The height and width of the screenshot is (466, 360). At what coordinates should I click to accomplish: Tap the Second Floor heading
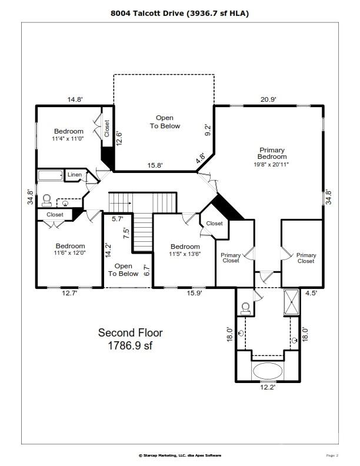[x=130, y=333]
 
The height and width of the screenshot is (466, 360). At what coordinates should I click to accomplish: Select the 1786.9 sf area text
[x=130, y=346]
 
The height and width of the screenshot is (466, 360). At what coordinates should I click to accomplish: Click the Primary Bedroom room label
[x=272, y=154]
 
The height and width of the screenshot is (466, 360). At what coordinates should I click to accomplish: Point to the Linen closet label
[x=74, y=175]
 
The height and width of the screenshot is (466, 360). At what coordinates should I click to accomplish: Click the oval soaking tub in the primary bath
[x=268, y=371]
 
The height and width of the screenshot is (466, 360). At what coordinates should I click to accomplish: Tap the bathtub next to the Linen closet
[x=50, y=175]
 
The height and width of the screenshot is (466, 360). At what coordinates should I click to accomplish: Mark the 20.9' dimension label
[x=268, y=100]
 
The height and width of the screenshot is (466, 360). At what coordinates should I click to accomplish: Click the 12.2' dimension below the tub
[x=268, y=387]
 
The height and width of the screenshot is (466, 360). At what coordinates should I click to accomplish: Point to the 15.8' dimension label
[x=155, y=166]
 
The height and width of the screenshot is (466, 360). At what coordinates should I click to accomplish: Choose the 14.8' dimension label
[x=75, y=100]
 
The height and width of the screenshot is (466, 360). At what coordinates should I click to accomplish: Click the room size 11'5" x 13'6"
[x=185, y=254]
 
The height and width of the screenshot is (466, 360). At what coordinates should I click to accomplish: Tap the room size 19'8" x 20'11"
[x=272, y=165]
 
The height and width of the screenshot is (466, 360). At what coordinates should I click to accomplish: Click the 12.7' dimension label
[x=69, y=293]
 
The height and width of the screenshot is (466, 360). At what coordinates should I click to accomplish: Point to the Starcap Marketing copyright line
[x=179, y=455]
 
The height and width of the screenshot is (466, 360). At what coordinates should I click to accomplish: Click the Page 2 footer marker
[x=332, y=455]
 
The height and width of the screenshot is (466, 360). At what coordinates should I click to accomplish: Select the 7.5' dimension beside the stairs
[x=125, y=231]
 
